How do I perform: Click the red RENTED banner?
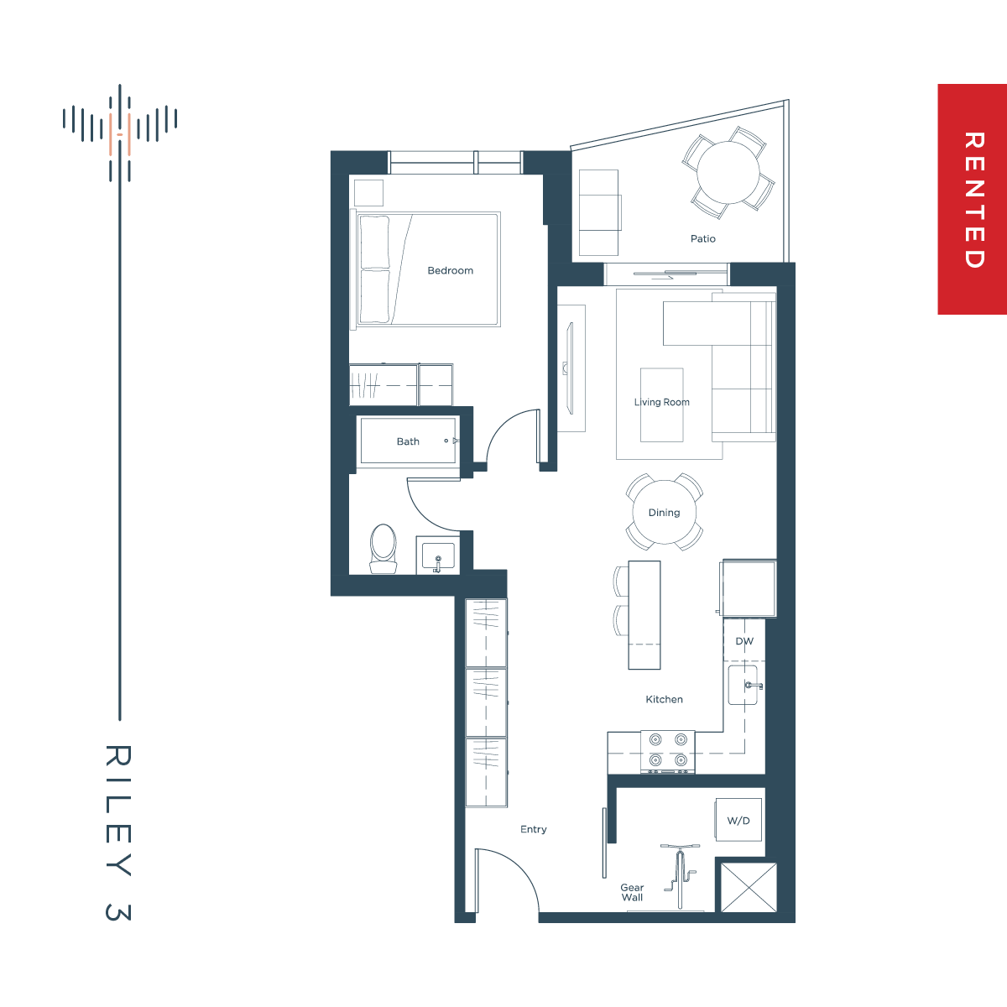click(972, 199)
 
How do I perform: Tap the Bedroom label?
click(450, 271)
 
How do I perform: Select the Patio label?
click(703, 239)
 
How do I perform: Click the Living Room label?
click(661, 402)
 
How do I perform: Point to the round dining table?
click(664, 512)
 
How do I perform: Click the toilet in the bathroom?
click(383, 549)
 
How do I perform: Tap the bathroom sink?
click(438, 555)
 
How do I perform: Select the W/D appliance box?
click(738, 819)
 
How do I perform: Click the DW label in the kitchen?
click(744, 641)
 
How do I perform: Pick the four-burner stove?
click(668, 752)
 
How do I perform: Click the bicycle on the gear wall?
click(680, 876)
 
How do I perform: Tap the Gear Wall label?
click(632, 892)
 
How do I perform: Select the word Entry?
click(533, 829)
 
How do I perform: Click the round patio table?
click(728, 172)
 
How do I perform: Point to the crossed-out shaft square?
click(749, 887)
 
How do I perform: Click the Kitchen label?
click(664, 699)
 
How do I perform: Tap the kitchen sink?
click(744, 685)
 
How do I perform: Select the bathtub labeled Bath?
click(408, 440)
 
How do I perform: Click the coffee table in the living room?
click(661, 405)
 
